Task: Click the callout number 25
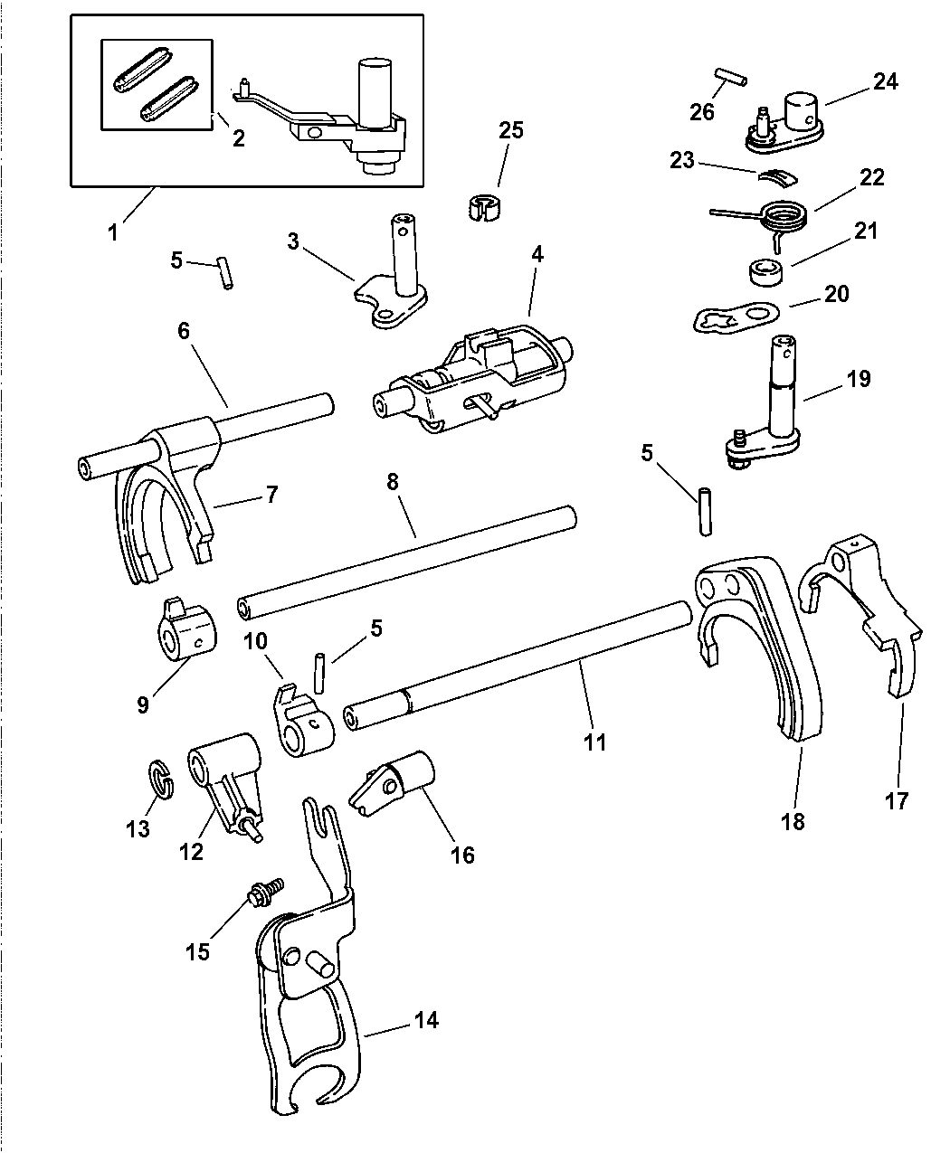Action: tap(510, 131)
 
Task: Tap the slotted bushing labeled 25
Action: tap(483, 207)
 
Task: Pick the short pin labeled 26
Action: tap(731, 77)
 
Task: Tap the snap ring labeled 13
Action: tap(160, 780)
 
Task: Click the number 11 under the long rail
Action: tap(594, 742)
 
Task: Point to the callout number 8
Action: tap(393, 482)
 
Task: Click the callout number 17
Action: tap(897, 800)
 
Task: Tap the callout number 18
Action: tap(793, 822)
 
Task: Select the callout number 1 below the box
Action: tap(113, 232)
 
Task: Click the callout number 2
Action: tap(239, 138)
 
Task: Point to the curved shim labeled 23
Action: tap(778, 178)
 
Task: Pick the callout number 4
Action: tap(537, 255)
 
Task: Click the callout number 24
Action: tap(886, 81)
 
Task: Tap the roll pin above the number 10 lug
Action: tap(319, 673)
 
